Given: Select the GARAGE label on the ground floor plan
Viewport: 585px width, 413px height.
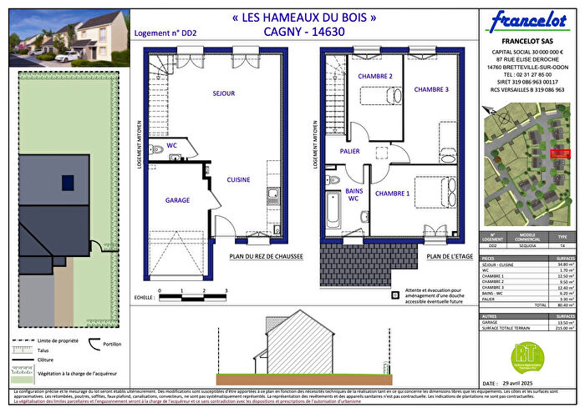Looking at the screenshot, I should point(177,200).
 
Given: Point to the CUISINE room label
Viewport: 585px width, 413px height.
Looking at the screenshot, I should point(238,179).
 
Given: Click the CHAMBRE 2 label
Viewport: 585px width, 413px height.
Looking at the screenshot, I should point(376,77).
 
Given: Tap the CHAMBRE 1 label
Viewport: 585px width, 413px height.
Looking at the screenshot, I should point(392,194).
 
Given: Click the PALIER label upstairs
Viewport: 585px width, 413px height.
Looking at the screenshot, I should point(349,151).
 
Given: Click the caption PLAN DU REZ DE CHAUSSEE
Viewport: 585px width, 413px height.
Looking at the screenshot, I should point(266,258).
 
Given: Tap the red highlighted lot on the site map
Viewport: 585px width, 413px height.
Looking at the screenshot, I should point(559,153).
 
